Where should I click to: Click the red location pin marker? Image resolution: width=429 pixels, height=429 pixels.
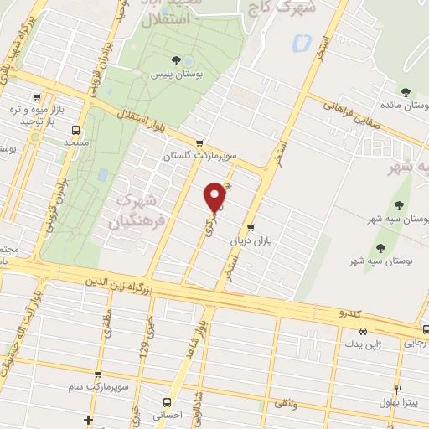215,197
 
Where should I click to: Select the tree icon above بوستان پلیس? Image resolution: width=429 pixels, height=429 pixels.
175,59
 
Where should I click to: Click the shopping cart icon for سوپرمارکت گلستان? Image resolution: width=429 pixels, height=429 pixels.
199,142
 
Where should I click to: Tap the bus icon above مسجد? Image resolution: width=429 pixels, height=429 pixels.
76,130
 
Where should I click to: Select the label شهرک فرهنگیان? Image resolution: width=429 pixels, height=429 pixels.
134,209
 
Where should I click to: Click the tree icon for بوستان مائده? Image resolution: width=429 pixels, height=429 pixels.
406,93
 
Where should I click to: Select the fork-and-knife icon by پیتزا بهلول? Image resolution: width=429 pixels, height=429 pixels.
399,390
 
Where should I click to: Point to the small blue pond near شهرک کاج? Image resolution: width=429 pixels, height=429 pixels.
301,41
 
